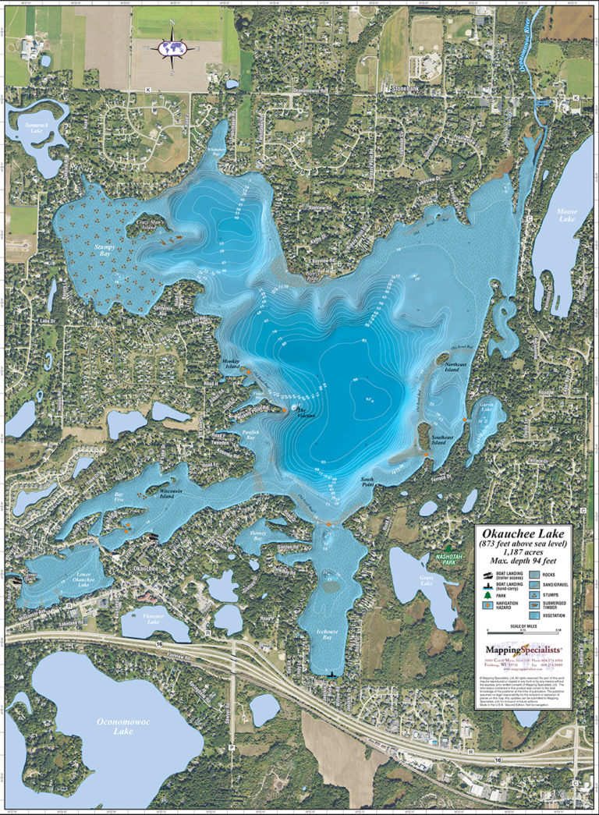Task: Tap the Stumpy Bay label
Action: (105, 250)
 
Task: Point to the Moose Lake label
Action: (565, 215)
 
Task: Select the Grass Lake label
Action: (427, 581)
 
